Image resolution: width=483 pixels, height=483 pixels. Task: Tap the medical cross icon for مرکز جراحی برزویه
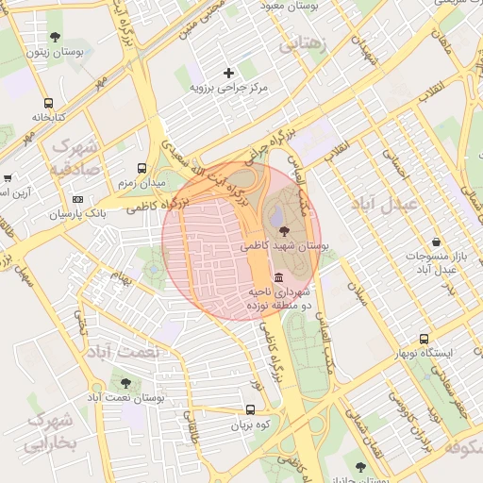[228, 73]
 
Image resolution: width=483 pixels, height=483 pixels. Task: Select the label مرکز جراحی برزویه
[229, 88]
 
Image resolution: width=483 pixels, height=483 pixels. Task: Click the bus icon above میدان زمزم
[142, 166]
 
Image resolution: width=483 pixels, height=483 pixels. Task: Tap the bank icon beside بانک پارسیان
[77, 199]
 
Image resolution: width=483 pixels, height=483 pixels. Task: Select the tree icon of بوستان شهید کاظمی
[284, 230]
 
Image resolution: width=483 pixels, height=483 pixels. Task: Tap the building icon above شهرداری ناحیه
[279, 278]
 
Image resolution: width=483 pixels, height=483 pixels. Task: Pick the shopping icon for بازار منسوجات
[435, 241]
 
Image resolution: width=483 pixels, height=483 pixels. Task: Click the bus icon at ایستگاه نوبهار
[424, 339]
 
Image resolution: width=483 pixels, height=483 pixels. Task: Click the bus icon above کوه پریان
[250, 410]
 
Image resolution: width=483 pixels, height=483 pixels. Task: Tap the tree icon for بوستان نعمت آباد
[125, 383]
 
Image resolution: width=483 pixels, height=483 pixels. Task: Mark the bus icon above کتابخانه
[48, 103]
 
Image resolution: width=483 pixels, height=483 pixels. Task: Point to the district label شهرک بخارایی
[46, 430]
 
